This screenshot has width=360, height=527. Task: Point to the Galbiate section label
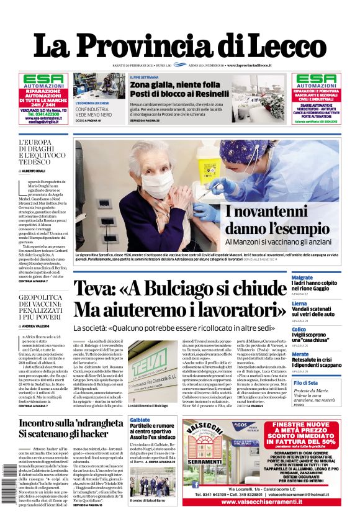(141, 420)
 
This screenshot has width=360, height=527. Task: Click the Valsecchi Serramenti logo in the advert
(213, 433)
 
